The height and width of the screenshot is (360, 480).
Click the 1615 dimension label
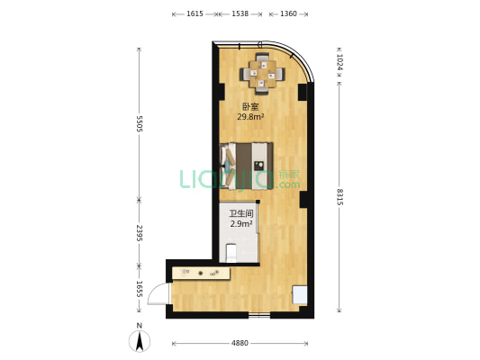195,13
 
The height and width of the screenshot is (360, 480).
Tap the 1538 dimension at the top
240,13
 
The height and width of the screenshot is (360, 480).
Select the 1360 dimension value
288,13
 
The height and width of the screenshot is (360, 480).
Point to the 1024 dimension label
340,62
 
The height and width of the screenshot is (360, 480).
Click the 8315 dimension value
340,197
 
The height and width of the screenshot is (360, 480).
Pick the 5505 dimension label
140,123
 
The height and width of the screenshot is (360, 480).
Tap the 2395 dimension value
140,233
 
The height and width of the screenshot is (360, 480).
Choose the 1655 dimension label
140,289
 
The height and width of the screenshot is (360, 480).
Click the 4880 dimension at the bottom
240,343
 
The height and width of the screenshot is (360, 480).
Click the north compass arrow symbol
140,341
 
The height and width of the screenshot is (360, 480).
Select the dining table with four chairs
262,74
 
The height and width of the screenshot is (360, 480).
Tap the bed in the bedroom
246,166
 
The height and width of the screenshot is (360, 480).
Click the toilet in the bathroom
231,253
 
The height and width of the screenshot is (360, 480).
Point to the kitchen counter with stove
201,273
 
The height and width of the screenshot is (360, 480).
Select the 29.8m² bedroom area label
251,116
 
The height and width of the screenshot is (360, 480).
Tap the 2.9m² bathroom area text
241,223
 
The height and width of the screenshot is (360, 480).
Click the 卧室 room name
250,107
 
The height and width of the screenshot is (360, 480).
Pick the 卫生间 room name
241,213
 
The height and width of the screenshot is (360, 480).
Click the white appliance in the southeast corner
300,295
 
